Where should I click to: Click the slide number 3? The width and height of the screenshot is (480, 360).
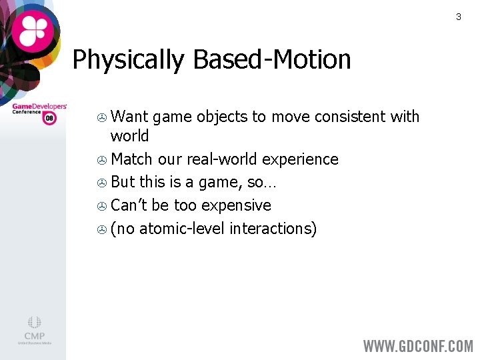458,17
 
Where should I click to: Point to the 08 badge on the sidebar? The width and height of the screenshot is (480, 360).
49,118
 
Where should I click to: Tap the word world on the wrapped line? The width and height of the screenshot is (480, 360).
129,136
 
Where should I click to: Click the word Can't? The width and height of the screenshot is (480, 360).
129,205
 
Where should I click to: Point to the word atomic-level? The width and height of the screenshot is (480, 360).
180,229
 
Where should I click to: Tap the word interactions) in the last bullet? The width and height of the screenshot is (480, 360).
273,229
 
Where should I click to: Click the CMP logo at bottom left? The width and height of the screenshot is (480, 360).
34,330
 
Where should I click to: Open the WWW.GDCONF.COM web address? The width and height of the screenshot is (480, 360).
417,345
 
